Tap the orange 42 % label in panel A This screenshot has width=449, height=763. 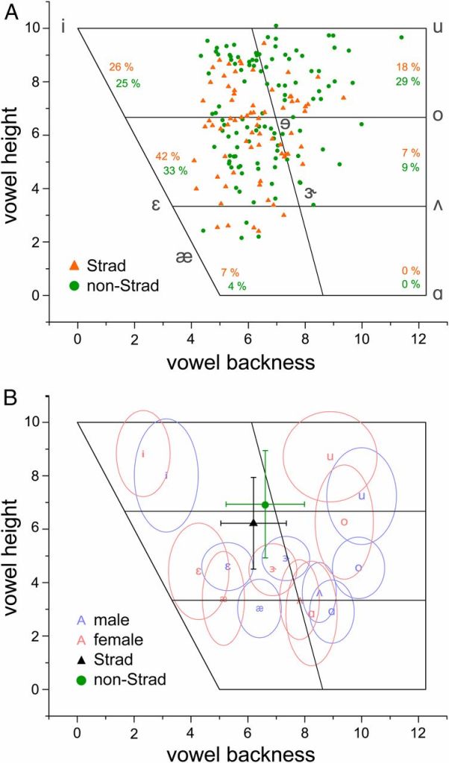167,156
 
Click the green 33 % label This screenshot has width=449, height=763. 175,171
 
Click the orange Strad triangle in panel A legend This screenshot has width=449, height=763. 73,265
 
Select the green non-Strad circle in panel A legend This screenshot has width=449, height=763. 73,284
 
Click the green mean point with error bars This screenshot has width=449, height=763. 266,504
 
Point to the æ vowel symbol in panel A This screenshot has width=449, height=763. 184,256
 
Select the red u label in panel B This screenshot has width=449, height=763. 329,456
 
